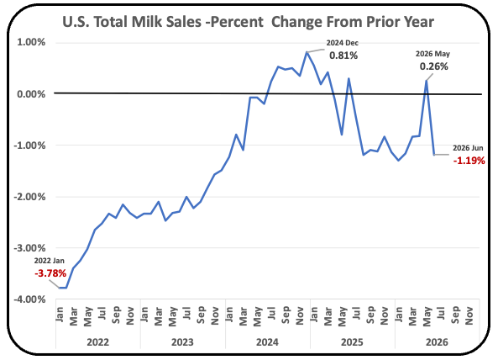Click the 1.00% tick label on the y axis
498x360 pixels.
(31, 42)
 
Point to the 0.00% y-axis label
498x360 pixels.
(31, 94)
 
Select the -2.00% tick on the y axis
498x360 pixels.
(29, 197)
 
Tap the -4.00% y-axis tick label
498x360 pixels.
(29, 299)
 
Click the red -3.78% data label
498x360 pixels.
(50, 273)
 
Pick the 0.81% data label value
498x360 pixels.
(343, 56)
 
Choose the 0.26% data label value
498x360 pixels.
(434, 66)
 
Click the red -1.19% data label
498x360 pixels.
(469, 161)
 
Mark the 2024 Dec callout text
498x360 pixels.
(343, 43)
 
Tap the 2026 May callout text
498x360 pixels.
(432, 54)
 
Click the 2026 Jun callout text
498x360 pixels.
(468, 148)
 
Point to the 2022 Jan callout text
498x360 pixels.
(50, 261)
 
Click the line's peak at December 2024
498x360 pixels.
(307, 52)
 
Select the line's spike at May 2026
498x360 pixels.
(427, 81)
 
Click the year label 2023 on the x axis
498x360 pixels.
(182, 342)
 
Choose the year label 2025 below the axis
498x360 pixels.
(352, 342)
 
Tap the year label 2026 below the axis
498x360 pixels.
(437, 342)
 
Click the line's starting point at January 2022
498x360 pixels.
(59, 288)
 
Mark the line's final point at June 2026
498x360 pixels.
(434, 155)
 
